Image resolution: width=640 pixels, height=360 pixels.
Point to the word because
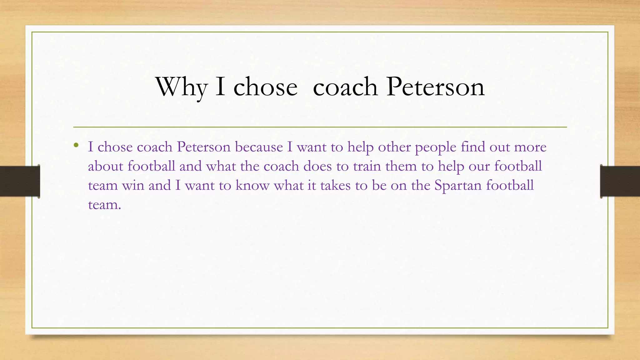click(x=259, y=147)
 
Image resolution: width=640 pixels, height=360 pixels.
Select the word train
click(x=367, y=166)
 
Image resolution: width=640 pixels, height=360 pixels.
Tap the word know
click(x=252, y=185)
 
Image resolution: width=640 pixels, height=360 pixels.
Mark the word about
click(x=106, y=166)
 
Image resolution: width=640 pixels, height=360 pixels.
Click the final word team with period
click(x=104, y=205)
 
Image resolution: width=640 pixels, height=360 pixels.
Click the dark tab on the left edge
click(x=20, y=181)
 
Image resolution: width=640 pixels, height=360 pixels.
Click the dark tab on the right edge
click(x=620, y=181)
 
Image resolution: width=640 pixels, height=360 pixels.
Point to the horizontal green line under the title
click(x=320, y=127)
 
